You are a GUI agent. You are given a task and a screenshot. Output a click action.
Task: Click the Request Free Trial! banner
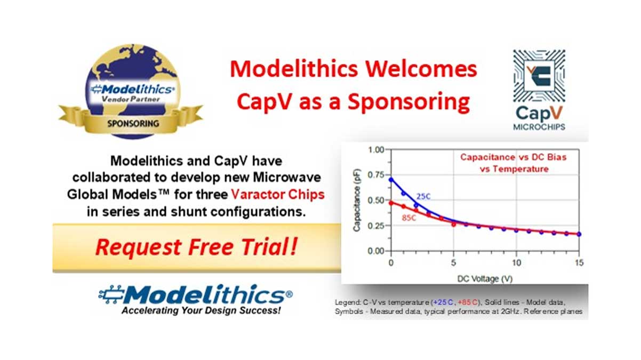tap(196, 247)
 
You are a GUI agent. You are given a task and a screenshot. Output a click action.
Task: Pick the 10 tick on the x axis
tap(516, 263)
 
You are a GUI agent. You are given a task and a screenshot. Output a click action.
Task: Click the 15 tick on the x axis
tap(579, 263)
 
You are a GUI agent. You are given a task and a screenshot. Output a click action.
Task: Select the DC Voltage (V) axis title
tap(484, 277)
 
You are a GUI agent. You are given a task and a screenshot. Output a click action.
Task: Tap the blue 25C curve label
tap(423, 197)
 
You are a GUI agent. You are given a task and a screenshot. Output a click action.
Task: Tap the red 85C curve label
tap(409, 218)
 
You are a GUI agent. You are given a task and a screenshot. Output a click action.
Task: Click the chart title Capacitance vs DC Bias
tap(513, 157)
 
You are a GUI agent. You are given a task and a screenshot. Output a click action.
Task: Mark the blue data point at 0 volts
tap(391, 180)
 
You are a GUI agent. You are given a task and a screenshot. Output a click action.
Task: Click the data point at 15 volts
tap(579, 234)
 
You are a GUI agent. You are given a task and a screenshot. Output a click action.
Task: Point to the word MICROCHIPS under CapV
tap(539, 127)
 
